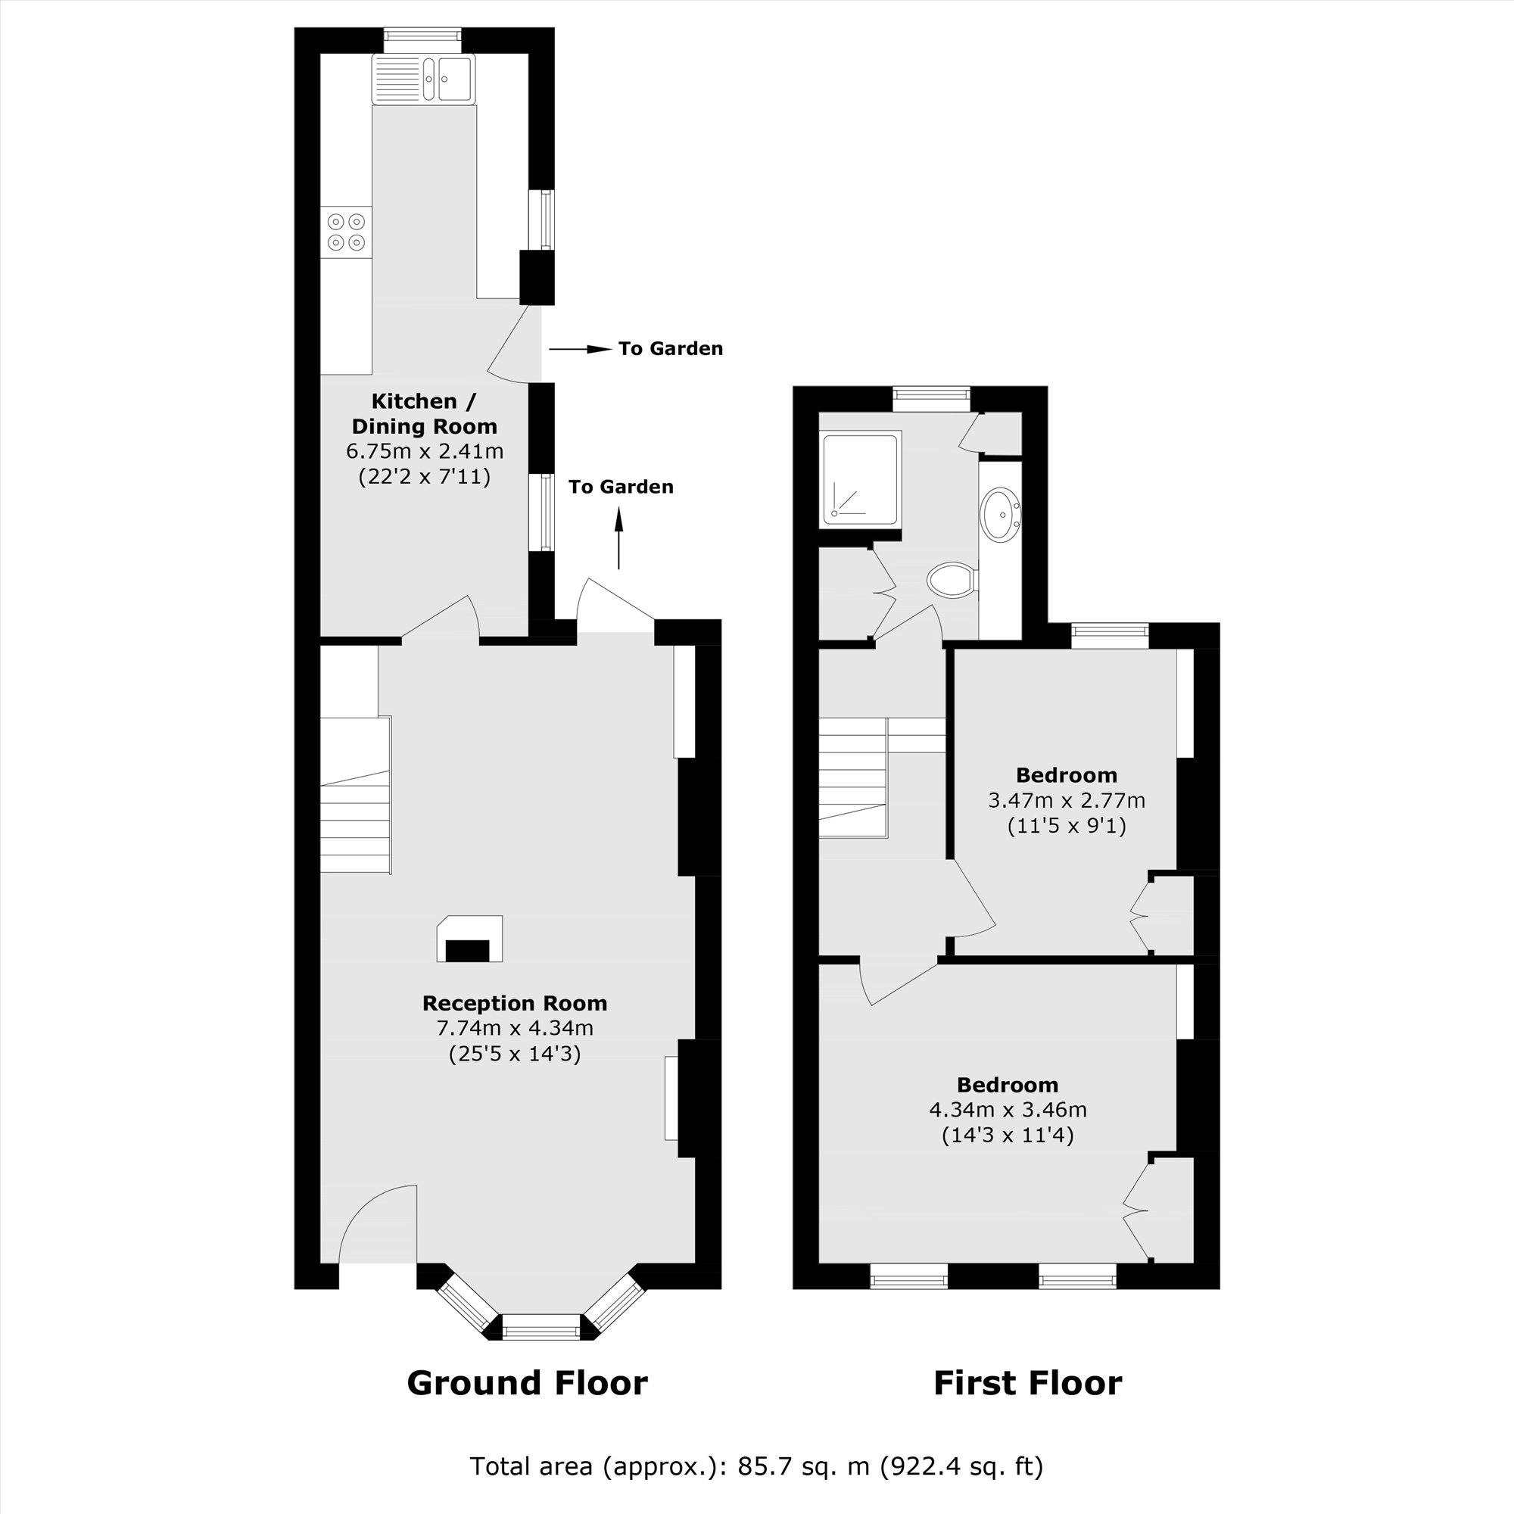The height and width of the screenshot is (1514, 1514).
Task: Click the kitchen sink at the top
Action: [424, 79]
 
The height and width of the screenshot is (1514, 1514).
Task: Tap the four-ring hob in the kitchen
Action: [347, 232]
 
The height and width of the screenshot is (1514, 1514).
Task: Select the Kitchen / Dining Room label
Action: [424, 414]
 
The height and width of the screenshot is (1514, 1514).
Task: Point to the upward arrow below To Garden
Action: [618, 537]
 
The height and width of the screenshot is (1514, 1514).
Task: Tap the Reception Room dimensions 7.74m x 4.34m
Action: [514, 1028]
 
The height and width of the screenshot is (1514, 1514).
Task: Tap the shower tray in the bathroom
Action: [860, 477]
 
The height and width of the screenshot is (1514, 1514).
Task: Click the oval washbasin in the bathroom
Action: [1001, 514]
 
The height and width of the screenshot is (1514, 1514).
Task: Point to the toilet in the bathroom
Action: [951, 581]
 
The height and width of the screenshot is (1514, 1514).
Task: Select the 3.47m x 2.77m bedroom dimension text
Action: [1066, 801]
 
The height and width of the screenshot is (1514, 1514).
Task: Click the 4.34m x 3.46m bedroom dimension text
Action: [1007, 1110]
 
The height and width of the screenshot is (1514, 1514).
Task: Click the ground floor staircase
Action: [355, 815]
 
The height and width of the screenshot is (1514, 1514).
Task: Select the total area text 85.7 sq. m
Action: [755, 1466]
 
